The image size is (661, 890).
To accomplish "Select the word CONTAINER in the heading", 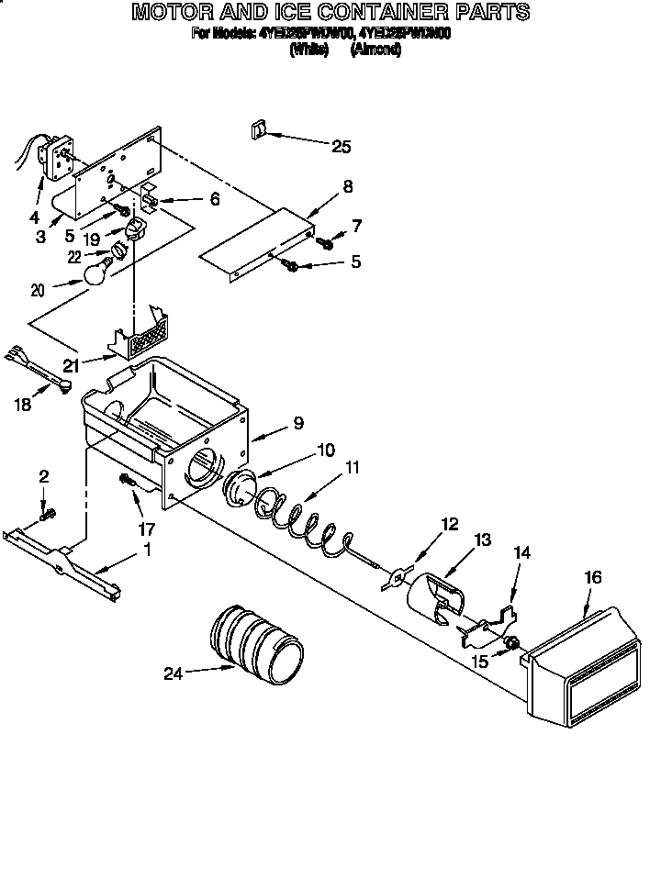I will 392,12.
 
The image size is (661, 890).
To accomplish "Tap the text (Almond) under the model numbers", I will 375,51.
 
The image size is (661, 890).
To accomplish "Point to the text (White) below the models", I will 308,51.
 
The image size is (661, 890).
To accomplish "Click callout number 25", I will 341,146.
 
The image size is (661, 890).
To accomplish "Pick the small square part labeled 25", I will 257,129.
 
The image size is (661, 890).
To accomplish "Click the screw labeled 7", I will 324,243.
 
